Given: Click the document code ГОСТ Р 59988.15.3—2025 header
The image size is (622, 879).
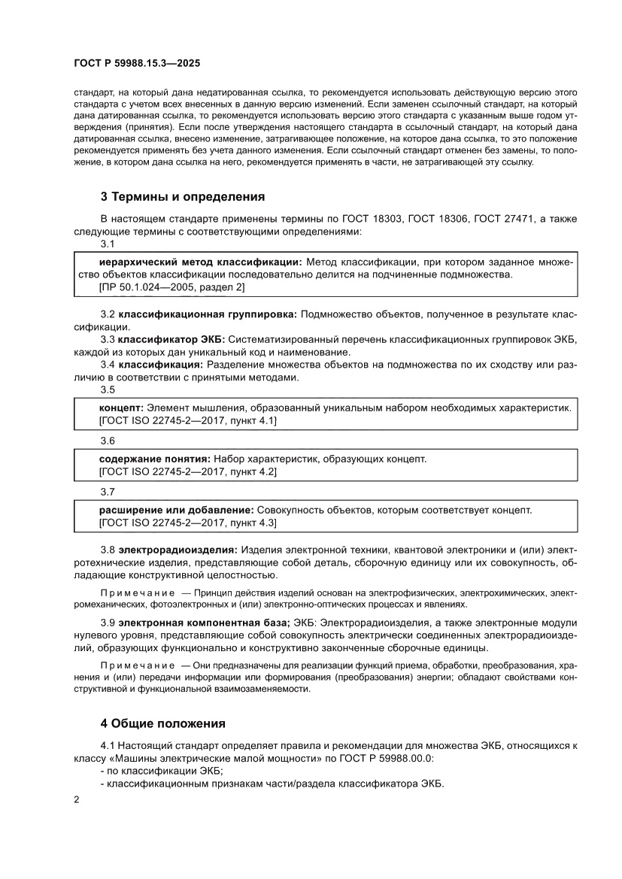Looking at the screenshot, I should click(136, 65).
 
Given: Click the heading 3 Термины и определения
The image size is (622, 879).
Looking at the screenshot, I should click(183, 198).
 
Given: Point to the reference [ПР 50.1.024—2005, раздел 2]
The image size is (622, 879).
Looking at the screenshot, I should click(171, 287).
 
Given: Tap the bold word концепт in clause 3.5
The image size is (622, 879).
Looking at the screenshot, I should click(120, 408).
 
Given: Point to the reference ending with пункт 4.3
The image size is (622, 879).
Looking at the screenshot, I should click(188, 523).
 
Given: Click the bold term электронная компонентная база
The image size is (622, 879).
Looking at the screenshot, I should click(203, 623).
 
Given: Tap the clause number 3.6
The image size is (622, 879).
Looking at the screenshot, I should click(108, 441).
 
